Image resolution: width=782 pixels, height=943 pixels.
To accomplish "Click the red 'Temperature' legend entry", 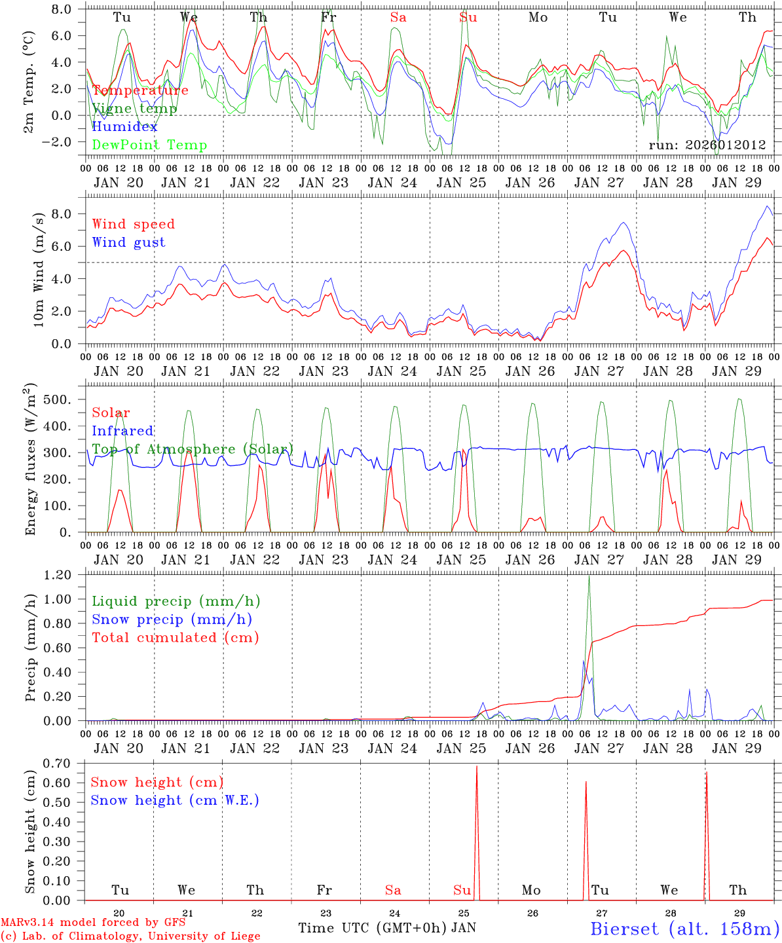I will pyautogui.click(x=140, y=90).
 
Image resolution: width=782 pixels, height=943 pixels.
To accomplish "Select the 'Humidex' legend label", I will pyautogui.click(x=124, y=127).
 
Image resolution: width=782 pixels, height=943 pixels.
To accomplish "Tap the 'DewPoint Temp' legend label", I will pyautogui.click(x=149, y=145).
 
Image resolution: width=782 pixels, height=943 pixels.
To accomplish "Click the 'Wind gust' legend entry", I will pyautogui.click(x=128, y=242).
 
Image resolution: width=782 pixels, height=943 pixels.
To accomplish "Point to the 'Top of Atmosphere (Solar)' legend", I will pyautogui.click(x=193, y=449).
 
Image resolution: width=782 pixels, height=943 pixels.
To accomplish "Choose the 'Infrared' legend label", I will pyautogui.click(x=122, y=431).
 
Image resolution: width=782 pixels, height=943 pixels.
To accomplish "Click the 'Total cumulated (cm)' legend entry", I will pyautogui.click(x=175, y=637).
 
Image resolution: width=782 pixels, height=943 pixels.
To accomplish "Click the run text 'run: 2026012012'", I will pyautogui.click(x=707, y=145).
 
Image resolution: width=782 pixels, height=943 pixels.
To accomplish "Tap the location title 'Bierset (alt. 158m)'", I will pyautogui.click(x=684, y=928).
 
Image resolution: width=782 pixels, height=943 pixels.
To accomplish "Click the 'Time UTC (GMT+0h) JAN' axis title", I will pyautogui.click(x=387, y=928).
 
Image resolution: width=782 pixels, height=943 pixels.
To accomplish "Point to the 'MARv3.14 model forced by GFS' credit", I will pyautogui.click(x=93, y=922).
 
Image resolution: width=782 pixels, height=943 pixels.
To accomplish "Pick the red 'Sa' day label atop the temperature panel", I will pyautogui.click(x=398, y=18).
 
